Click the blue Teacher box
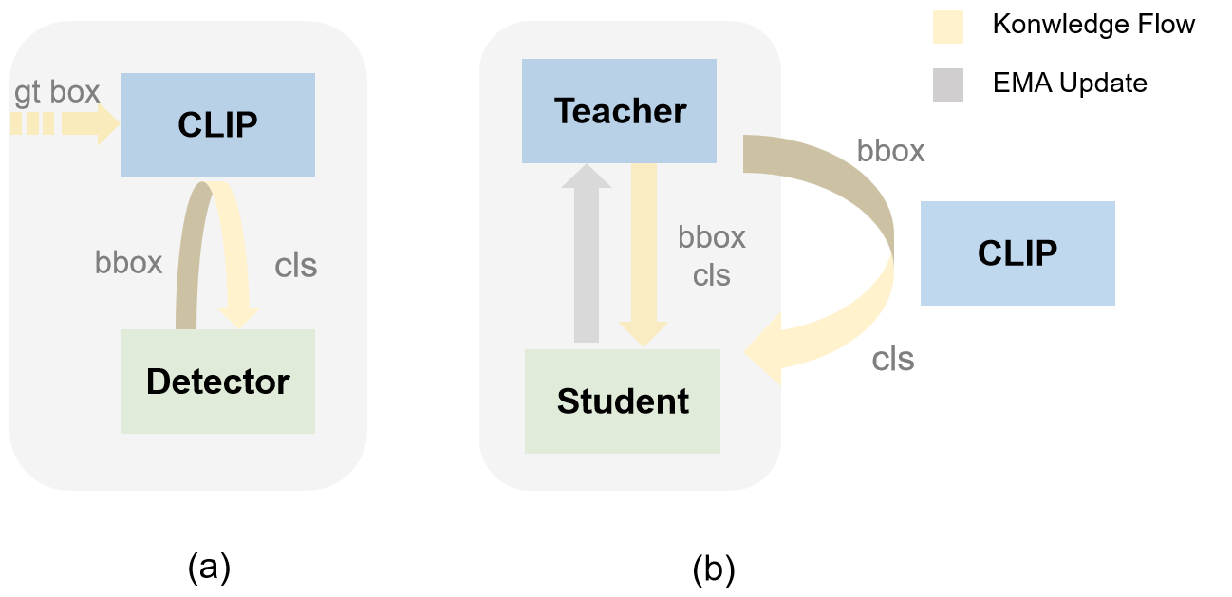point(619,110)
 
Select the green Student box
point(622,401)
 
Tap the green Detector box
point(217,382)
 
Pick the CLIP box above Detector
point(217,124)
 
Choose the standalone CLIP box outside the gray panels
point(1017,252)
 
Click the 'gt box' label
point(57,92)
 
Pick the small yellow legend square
point(947,28)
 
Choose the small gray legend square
point(947,84)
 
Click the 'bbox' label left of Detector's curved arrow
point(129,262)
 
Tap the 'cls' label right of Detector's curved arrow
point(295,266)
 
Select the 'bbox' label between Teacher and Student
point(712,236)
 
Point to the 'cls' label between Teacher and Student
point(712,275)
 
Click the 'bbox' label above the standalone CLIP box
point(890,151)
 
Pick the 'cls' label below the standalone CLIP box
point(893,359)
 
